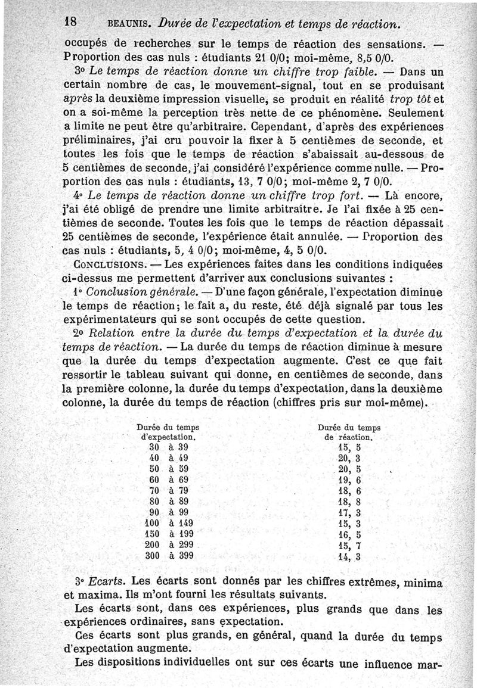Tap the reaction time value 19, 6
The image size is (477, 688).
point(349,480)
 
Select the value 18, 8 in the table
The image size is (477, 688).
point(349,502)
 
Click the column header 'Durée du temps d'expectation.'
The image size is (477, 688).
point(168,432)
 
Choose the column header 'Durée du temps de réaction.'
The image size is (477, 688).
point(349,432)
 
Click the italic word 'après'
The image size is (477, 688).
point(76,99)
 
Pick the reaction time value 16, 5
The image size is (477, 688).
point(349,534)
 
